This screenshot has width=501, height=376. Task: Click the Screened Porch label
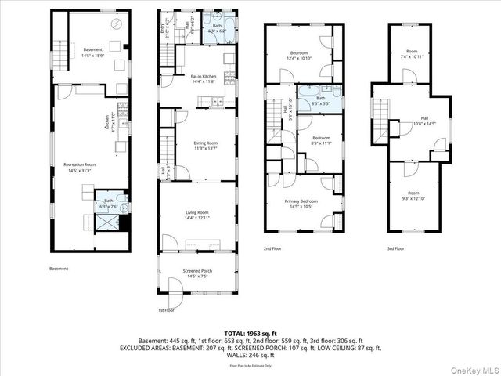[x=197, y=273]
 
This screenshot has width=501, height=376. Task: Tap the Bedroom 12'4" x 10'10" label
[x=298, y=56]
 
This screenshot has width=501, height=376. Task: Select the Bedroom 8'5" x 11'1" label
[x=321, y=141]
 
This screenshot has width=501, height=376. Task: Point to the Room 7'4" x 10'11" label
[x=412, y=54]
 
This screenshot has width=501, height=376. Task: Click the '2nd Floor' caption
[x=272, y=248]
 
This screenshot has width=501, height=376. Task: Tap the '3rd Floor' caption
[x=395, y=248]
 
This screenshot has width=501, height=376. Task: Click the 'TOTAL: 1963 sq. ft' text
[x=250, y=333]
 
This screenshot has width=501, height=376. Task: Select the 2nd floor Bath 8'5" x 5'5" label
[x=321, y=100]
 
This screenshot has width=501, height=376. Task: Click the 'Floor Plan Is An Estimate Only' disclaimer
[x=250, y=365]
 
